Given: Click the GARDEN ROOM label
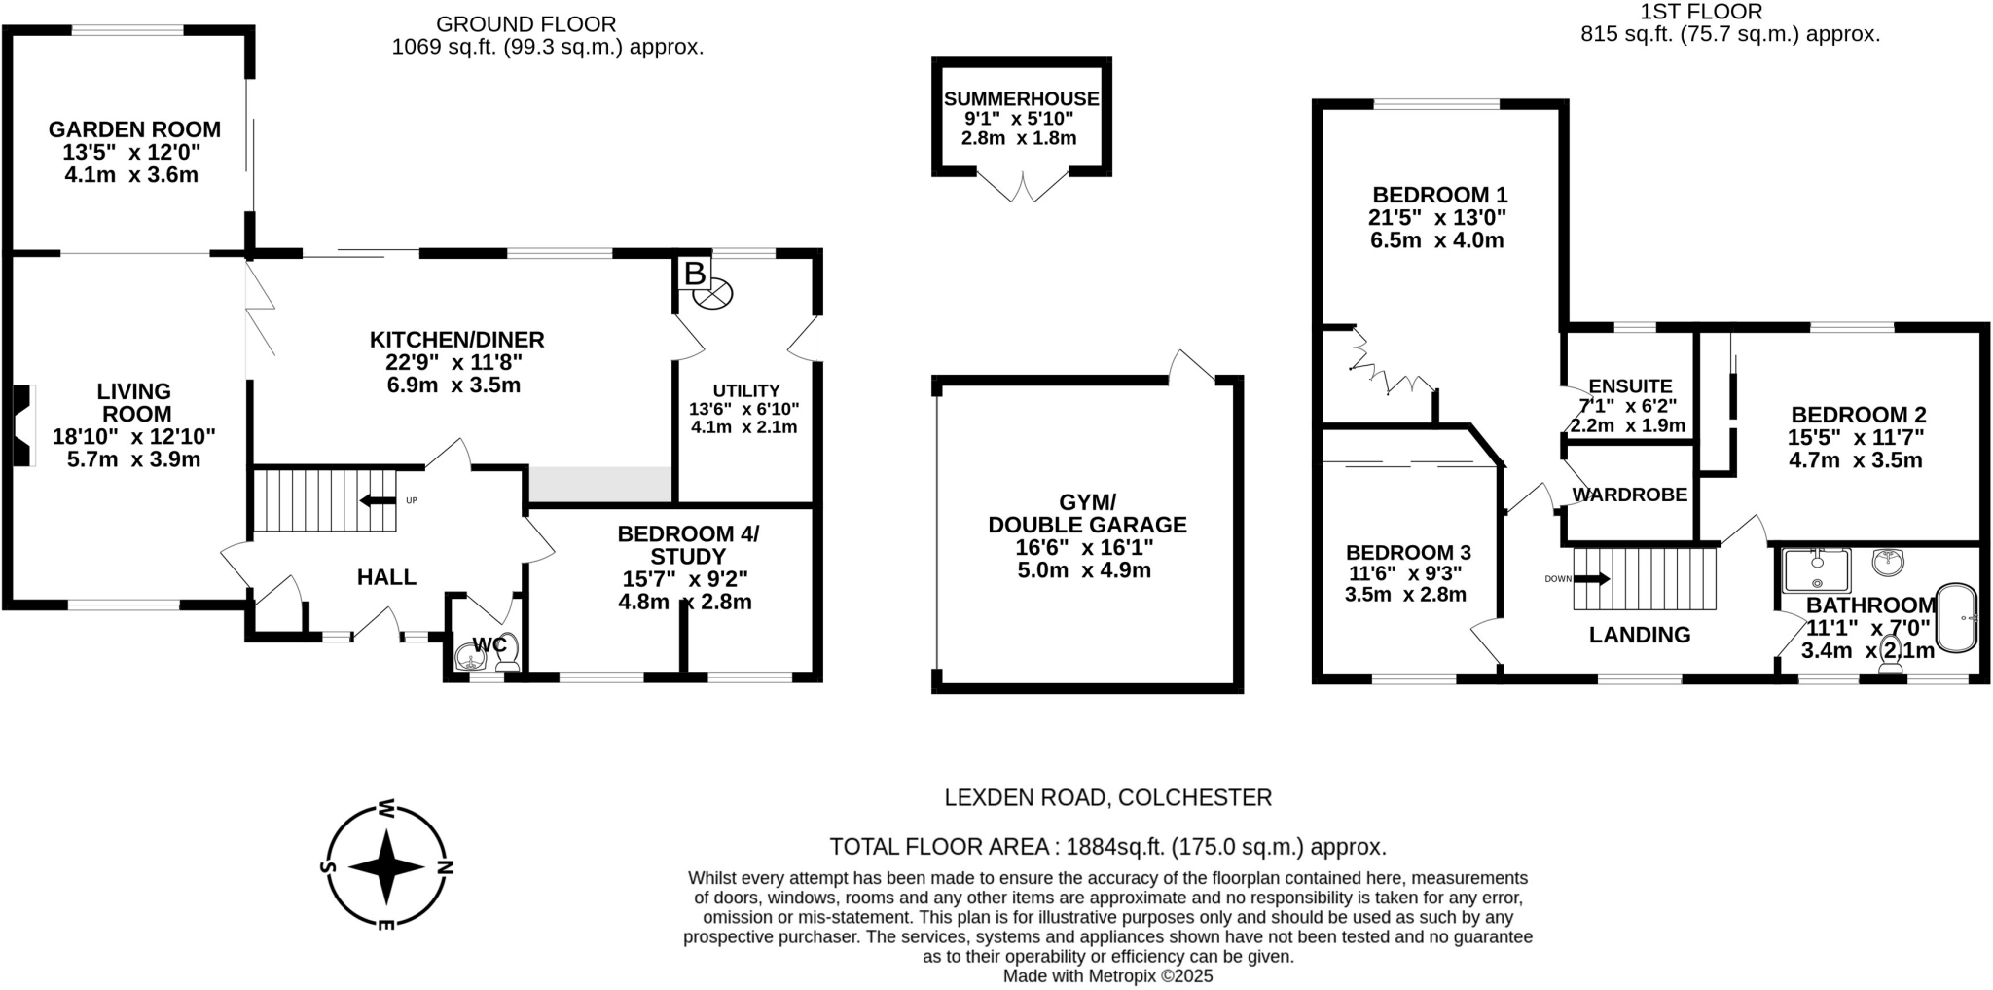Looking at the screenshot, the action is tap(134, 129).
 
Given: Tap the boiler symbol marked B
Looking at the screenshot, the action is tap(694, 274).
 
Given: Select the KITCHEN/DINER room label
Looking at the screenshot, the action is tap(456, 340).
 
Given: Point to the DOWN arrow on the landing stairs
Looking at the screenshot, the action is tap(1591, 579).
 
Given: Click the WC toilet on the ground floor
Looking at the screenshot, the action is tap(507, 655).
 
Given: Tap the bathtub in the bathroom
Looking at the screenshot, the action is tap(1956, 618).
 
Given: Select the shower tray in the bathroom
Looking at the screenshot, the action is tap(1817, 570).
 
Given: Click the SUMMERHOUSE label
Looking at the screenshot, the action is tap(1021, 99).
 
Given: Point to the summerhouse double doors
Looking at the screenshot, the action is tap(1023, 187).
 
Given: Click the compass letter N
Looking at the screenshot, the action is tap(445, 866).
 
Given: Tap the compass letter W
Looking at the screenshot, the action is tap(386, 808).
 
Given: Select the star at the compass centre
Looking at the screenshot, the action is tap(386, 866).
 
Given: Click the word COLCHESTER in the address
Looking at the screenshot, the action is tap(1195, 798).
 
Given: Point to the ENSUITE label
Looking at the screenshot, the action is tap(1630, 386).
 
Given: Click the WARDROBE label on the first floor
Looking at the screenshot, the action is tap(1629, 495).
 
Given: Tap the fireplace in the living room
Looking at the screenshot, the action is tap(21, 426).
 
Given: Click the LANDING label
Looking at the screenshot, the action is tap(1640, 635).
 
